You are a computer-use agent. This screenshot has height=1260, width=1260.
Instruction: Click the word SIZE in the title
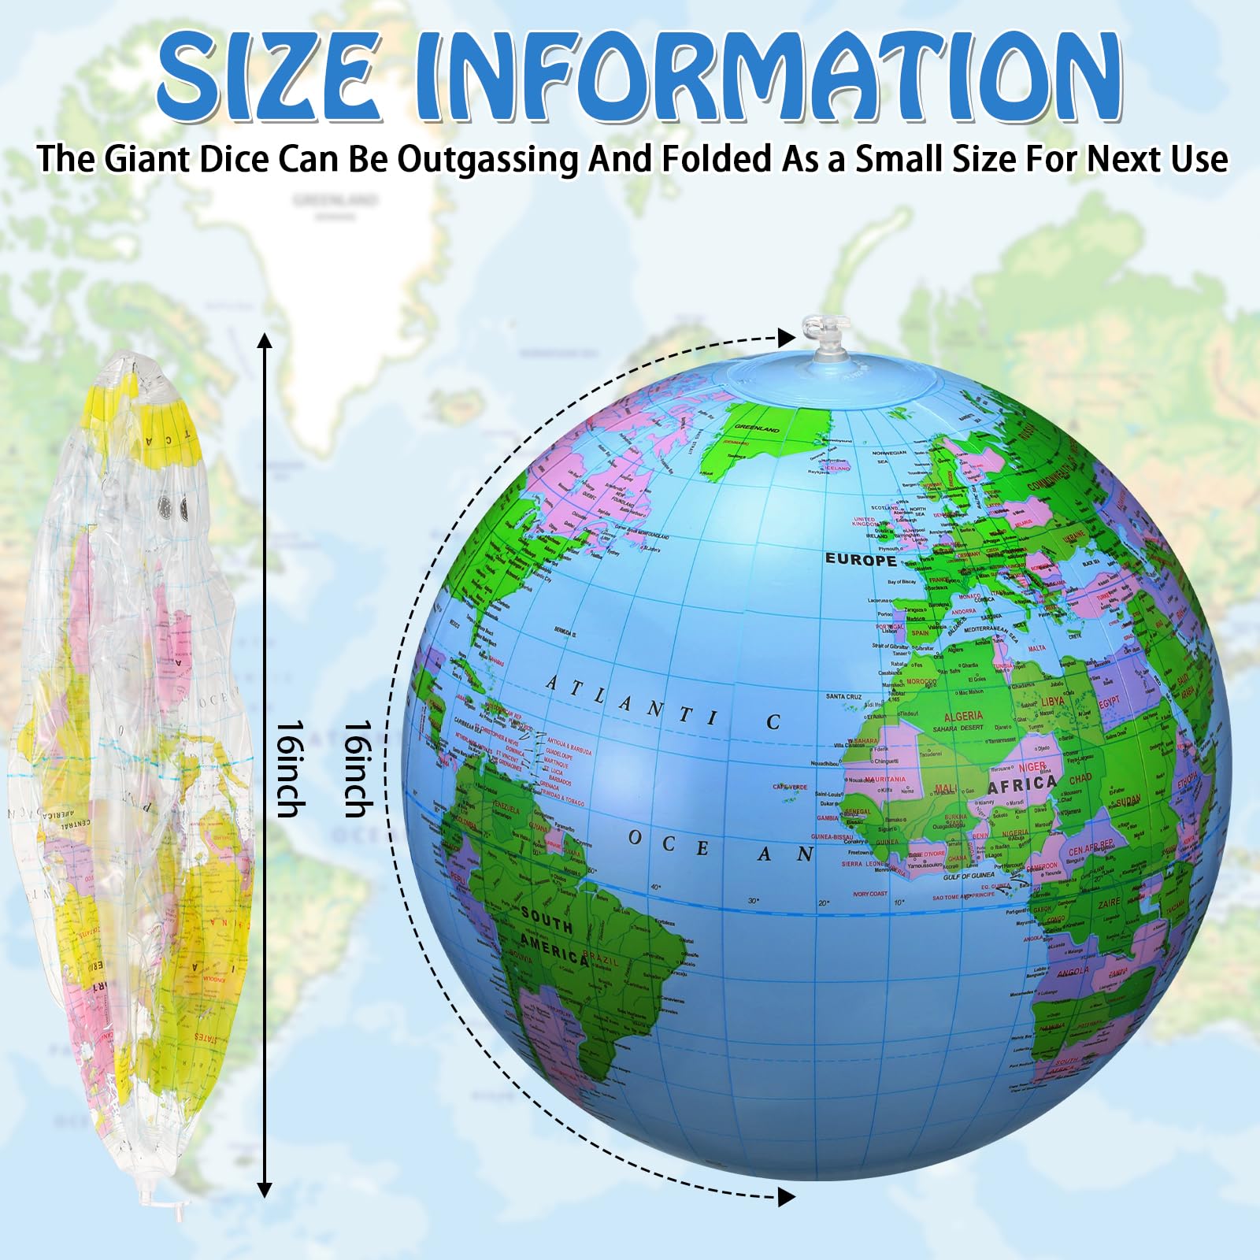[268, 76]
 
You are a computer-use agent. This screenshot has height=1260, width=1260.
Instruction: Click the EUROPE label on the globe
[861, 560]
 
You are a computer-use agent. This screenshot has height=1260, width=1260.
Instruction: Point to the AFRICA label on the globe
[1021, 784]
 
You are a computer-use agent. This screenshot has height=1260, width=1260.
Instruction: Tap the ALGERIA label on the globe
[963, 716]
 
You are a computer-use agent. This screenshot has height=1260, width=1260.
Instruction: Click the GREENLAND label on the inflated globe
[757, 428]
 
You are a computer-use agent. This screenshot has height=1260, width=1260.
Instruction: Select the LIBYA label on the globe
[1053, 701]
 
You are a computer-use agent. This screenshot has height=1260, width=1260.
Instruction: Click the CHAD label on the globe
[1080, 779]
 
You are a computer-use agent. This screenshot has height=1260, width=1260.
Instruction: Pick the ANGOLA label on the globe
[1073, 972]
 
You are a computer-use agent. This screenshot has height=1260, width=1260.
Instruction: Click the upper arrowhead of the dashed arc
[786, 338]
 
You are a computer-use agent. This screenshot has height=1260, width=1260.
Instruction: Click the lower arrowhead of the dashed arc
[786, 1197]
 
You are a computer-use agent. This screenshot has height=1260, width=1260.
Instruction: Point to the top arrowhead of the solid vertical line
[265, 341]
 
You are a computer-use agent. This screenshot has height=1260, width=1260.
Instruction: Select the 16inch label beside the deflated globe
[289, 769]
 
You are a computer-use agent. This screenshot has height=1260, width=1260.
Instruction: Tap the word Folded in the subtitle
[716, 159]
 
